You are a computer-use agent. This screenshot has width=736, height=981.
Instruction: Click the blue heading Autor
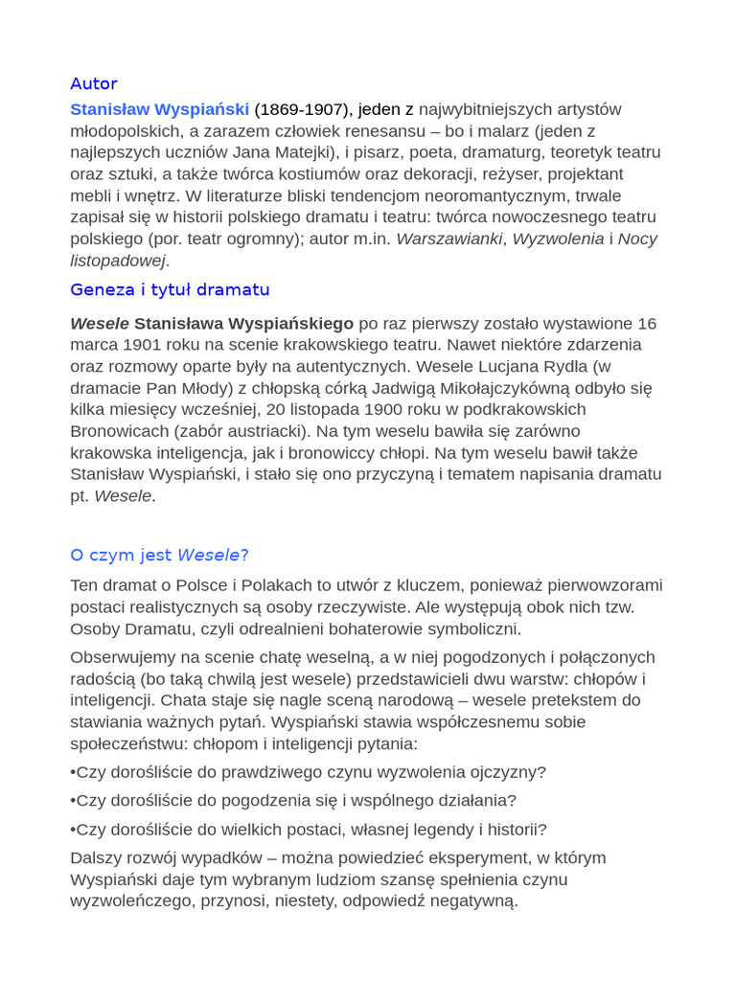[94, 83]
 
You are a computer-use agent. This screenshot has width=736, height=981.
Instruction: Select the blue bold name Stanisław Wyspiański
[159, 109]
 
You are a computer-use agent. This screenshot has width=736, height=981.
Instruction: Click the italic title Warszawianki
[448, 239]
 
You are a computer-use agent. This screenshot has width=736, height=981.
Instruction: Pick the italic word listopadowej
[118, 261]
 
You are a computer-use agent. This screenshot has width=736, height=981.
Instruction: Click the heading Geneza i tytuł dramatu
[170, 289]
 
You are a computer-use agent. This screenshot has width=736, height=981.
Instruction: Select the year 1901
[141, 345]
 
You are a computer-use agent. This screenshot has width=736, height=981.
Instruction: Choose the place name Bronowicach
[120, 431]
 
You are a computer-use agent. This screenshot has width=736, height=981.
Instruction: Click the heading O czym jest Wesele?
[159, 555]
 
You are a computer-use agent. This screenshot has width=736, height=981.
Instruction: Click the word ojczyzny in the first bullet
[508, 772]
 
